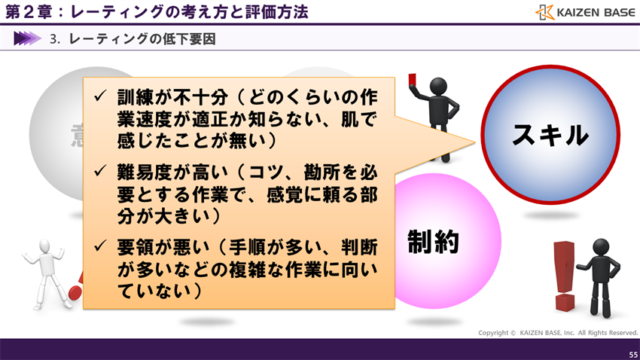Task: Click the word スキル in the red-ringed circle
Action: [x=550, y=135]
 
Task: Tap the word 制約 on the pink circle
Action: [x=433, y=241]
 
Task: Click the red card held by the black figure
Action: [x=413, y=78]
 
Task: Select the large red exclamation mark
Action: [x=564, y=275]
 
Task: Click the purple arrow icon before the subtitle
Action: [x=27, y=38]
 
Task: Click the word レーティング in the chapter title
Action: [x=111, y=13]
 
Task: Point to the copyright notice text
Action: [x=558, y=332]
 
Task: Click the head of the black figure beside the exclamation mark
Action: [x=600, y=246]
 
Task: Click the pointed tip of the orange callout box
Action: [x=475, y=140]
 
